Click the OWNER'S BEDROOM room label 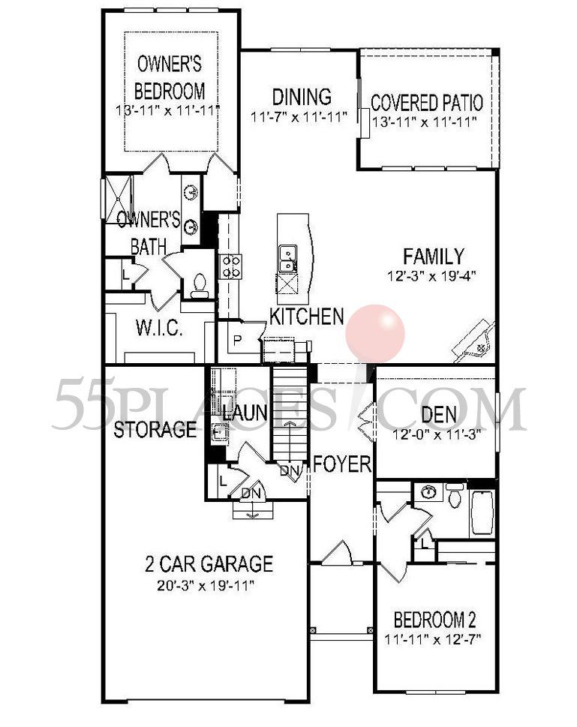coord(170,77)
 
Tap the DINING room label coord(302,97)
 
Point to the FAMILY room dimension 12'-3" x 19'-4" coord(432,276)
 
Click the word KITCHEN coord(307,317)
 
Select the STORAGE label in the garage coord(155,430)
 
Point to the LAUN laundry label coord(241,411)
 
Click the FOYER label coord(342,464)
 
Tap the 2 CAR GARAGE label coord(209,563)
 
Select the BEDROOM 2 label coord(435,620)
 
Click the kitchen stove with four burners coord(230,266)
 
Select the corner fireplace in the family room coord(475,341)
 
